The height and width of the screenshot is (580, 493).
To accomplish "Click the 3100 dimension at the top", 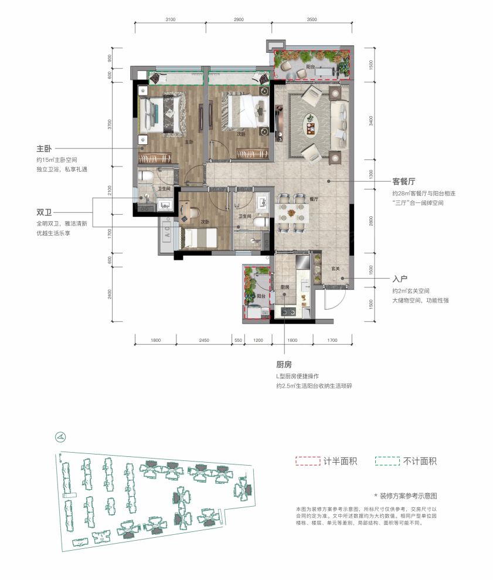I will pyautogui.click(x=170, y=19).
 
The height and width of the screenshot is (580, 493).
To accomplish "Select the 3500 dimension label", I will pyautogui.click(x=311, y=19).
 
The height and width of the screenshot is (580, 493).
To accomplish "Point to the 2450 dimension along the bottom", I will pyautogui.click(x=204, y=340).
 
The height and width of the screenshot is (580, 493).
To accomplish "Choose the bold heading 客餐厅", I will pyautogui.click(x=405, y=182).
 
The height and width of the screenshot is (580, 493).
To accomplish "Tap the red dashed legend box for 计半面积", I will pyautogui.click(x=308, y=461).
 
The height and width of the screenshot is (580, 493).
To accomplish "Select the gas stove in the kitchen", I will pyautogui.click(x=287, y=311).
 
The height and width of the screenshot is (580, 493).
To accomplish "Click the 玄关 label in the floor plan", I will pyautogui.click(x=335, y=269).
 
